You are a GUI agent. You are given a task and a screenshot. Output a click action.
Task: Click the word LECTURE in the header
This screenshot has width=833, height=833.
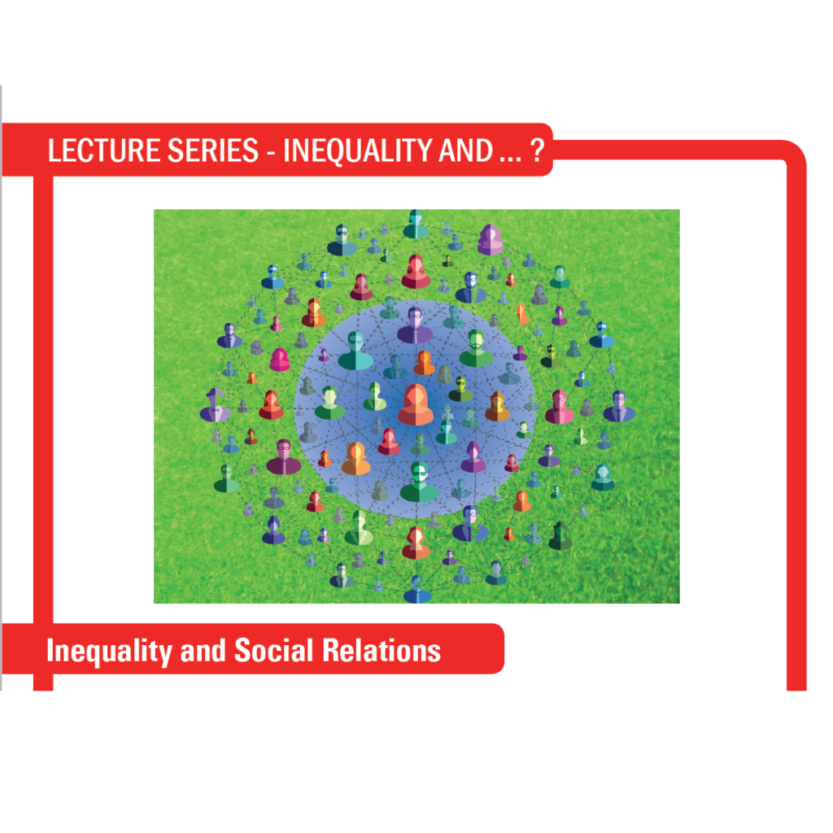coord(104,150)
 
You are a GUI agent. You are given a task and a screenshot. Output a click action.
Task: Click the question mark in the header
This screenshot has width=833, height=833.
coord(537,150)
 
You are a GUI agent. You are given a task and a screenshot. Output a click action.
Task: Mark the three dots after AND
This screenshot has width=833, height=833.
coord(510,159)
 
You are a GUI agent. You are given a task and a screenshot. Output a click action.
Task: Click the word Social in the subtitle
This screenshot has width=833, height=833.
coord(273,650)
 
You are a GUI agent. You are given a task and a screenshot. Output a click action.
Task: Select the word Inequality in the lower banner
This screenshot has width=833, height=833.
coord(109,652)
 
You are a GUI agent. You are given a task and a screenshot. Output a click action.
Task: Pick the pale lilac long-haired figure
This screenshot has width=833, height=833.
coord(490,240)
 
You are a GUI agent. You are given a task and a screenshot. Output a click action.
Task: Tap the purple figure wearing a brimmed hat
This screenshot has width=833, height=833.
coord(215,405)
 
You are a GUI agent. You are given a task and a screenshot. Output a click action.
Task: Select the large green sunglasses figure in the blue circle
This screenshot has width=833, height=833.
coord(419,482)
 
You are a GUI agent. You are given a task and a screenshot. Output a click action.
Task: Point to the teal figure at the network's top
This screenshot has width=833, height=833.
coord(416,225)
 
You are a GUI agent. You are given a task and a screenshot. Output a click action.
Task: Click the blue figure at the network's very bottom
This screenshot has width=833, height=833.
coord(417,590)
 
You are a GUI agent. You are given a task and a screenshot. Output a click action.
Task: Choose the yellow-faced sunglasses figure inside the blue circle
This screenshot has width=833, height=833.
coord(460,390)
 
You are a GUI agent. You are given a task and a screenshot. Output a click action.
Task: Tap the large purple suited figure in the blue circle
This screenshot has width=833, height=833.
coord(415,325)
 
